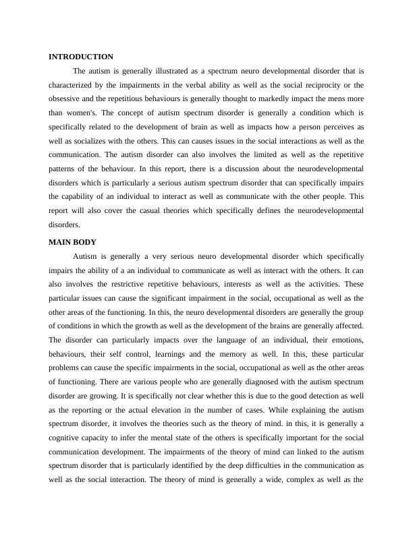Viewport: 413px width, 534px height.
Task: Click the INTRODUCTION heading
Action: coord(81,57)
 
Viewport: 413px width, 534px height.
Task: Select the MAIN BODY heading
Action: coord(73,242)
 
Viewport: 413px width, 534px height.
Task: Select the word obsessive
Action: coord(67,99)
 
